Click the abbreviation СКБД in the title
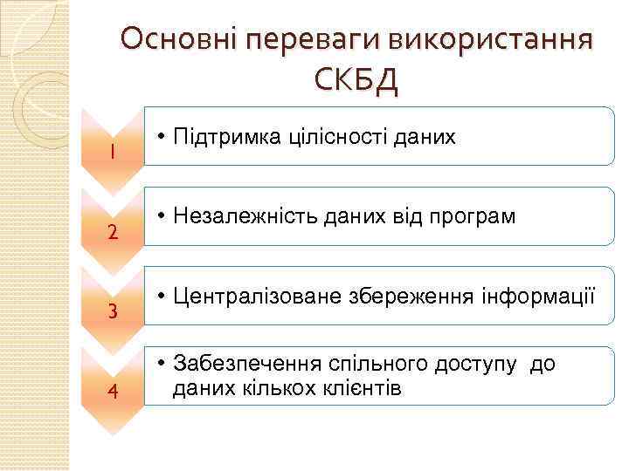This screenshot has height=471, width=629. (x=356, y=81)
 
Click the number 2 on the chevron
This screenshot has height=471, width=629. (x=113, y=233)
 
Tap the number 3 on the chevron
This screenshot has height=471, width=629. (x=113, y=311)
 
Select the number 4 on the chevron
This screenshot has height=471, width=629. (x=113, y=390)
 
